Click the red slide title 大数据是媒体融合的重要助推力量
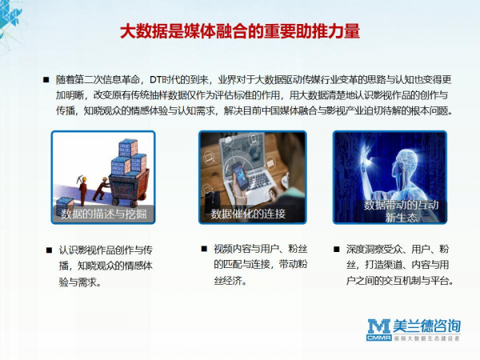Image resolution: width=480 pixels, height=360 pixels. pyautogui.click(x=240, y=31)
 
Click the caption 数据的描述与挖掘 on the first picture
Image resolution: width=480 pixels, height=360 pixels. pyautogui.click(x=103, y=214)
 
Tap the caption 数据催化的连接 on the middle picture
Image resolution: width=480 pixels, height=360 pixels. pyautogui.click(x=248, y=214)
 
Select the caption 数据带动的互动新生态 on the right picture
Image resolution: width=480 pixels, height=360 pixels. pyautogui.click(x=401, y=211)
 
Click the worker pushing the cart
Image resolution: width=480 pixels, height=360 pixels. pyautogui.click(x=101, y=188)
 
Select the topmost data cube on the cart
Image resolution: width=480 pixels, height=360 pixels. pyautogui.click(x=128, y=149)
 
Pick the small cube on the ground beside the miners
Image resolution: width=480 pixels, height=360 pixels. pyautogui.click(x=65, y=203)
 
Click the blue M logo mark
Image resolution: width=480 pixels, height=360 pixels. pyautogui.click(x=379, y=326)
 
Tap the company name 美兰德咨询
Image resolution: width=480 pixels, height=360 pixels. pyautogui.click(x=426, y=326)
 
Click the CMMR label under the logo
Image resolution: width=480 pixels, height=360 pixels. pyautogui.click(x=379, y=338)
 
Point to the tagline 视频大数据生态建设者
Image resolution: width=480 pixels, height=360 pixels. pyautogui.click(x=426, y=338)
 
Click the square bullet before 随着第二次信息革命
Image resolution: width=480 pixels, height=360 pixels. pyautogui.click(x=46, y=80)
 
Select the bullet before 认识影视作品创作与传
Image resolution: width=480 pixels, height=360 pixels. pyautogui.click(x=50, y=250)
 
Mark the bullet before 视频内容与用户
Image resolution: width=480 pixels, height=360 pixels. pyautogui.click(x=204, y=248)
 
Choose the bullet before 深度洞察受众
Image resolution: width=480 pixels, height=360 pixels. pyautogui.click(x=337, y=249)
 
